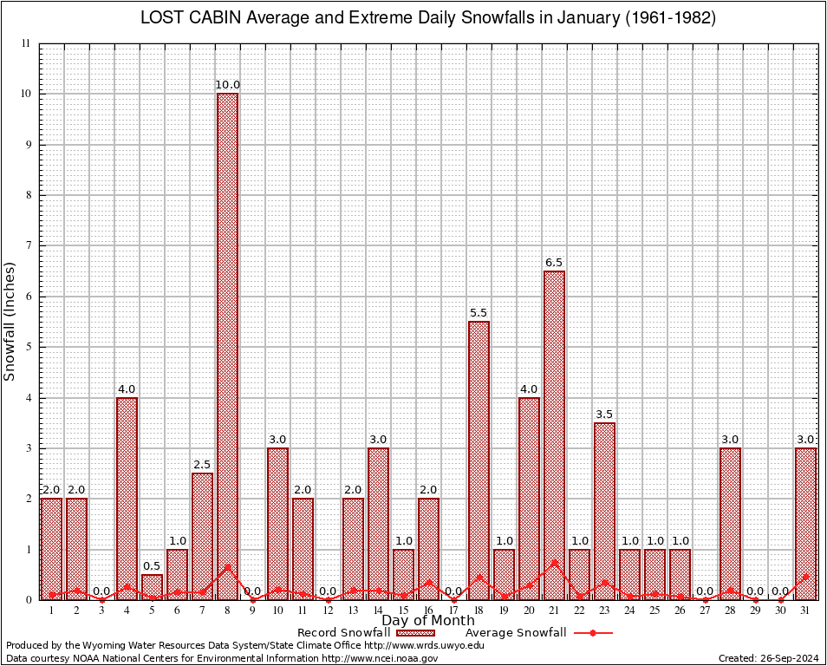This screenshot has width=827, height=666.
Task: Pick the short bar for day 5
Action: tap(152, 587)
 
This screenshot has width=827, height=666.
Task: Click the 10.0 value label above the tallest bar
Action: tap(227, 85)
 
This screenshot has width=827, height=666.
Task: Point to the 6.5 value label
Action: tap(554, 262)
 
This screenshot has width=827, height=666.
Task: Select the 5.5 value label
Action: tap(479, 313)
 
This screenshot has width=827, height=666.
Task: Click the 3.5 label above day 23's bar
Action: tap(604, 415)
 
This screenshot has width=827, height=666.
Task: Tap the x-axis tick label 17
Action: tap(453, 610)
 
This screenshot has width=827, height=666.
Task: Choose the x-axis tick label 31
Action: tap(805, 610)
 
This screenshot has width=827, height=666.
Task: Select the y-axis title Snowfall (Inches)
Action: tap(10, 321)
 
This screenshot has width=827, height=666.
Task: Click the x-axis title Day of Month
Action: tap(428, 621)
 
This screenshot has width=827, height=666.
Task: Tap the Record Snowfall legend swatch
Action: tap(415, 633)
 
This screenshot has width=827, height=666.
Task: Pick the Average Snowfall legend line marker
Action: tap(593, 633)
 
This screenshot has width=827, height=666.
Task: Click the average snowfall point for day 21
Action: tap(554, 563)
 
